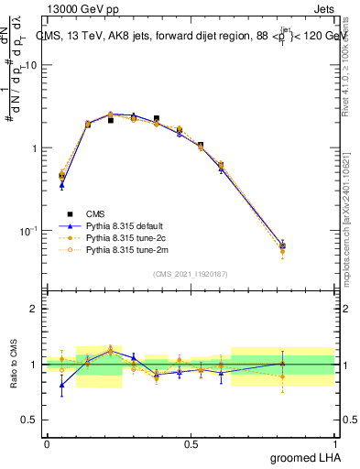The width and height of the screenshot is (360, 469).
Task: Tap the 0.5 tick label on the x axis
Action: point(191,444)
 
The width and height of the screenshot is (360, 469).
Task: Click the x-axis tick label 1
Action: point(336,444)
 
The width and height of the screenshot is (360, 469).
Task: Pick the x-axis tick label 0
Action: point(47,444)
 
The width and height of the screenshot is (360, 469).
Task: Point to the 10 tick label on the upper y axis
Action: point(30,66)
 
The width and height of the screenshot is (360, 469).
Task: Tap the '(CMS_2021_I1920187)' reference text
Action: point(191,273)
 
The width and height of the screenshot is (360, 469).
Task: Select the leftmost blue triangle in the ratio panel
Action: point(61,385)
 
